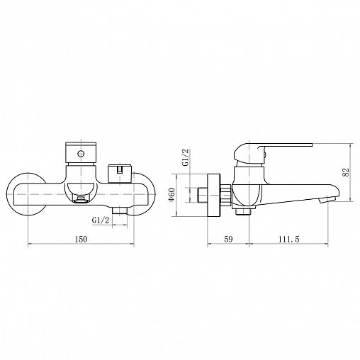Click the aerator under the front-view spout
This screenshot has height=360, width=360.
81,199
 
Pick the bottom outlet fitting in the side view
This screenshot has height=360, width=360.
243,210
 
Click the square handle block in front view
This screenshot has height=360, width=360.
79,152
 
